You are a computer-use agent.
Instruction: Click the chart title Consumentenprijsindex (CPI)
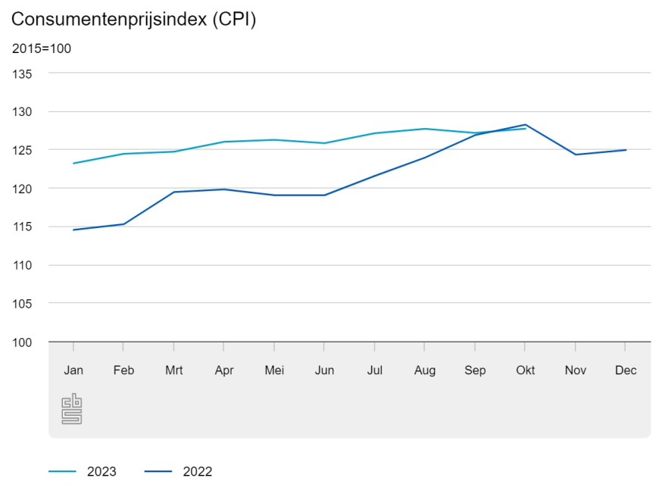point(134,20)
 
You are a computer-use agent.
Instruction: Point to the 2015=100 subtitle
point(42,48)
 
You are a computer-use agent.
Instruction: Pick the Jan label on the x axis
point(73,370)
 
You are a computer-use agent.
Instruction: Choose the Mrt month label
point(174,370)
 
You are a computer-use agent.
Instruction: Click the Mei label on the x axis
point(274,370)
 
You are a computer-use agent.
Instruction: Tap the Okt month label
point(525,370)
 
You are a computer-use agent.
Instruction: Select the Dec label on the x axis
point(626,370)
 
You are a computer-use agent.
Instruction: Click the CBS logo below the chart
point(71,408)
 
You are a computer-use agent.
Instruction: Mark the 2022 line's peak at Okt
point(525,124)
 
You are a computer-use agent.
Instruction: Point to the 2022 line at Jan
point(73,230)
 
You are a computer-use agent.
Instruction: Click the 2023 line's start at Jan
point(73,163)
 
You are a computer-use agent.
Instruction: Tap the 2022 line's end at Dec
point(626,150)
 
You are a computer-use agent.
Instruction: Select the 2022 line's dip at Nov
point(576,155)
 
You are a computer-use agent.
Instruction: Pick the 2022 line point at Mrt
point(174,192)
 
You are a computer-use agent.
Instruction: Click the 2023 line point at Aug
point(425,129)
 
